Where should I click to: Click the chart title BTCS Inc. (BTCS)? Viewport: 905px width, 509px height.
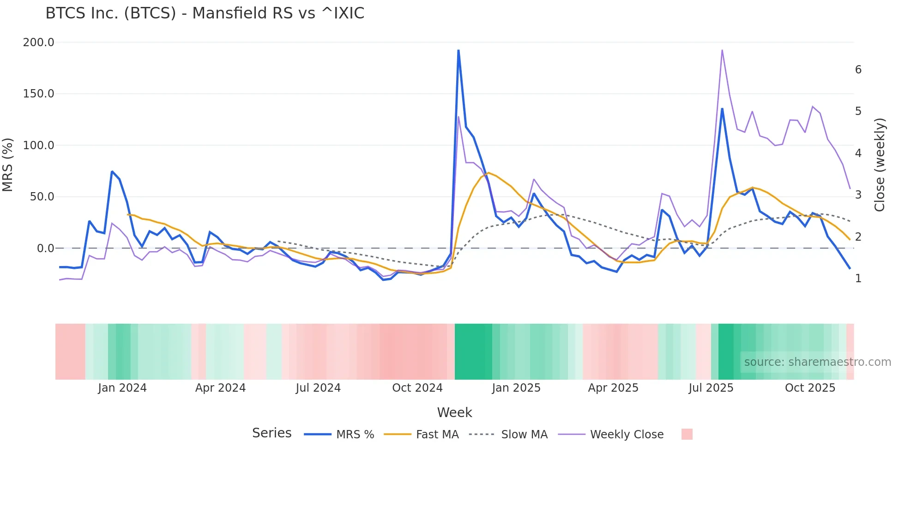click(205, 13)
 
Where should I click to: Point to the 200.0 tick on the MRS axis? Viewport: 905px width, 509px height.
click(38, 42)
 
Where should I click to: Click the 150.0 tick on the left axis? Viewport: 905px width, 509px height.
click(38, 94)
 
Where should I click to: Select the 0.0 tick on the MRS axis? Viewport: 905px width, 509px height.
click(45, 248)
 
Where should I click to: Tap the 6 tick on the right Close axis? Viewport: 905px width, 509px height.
click(858, 70)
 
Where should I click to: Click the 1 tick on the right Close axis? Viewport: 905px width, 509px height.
click(858, 279)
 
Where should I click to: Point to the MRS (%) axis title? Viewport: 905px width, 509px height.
click(8, 164)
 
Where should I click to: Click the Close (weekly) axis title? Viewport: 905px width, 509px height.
click(880, 165)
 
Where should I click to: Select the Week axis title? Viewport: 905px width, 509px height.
click(454, 412)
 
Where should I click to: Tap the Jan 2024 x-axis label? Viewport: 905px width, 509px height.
click(122, 388)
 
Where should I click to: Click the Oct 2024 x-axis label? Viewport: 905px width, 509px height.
click(417, 388)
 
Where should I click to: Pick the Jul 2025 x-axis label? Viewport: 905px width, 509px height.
click(711, 388)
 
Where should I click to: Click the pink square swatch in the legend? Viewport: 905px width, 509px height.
click(687, 434)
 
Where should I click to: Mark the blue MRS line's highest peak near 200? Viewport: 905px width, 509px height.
click(458, 50)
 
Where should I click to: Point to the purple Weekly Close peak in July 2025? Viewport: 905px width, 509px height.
click(722, 50)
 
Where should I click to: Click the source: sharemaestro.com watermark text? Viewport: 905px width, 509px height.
click(817, 362)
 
